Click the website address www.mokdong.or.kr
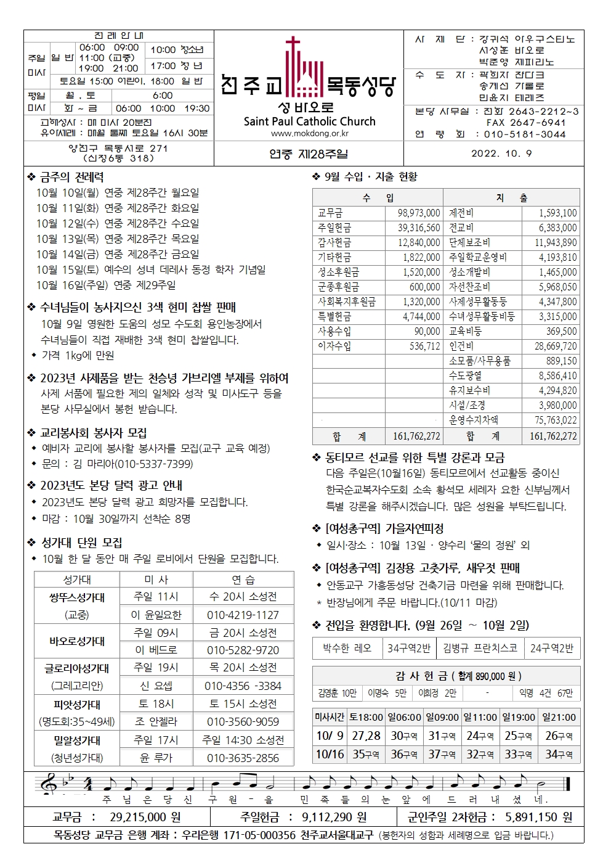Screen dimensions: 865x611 click(309, 133)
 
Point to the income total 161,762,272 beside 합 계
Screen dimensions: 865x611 click(416, 437)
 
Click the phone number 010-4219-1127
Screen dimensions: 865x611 click(243, 615)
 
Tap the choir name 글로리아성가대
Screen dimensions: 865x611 click(77, 668)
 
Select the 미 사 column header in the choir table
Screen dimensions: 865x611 click(156, 580)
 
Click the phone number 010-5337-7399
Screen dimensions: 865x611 click(154, 464)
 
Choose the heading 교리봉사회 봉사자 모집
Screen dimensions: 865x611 click(94, 433)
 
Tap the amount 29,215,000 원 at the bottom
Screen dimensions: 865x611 click(145, 817)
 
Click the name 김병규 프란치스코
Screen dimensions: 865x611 click(480, 648)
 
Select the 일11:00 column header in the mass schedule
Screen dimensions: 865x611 click(480, 717)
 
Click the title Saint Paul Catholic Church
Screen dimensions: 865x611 click(309, 121)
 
